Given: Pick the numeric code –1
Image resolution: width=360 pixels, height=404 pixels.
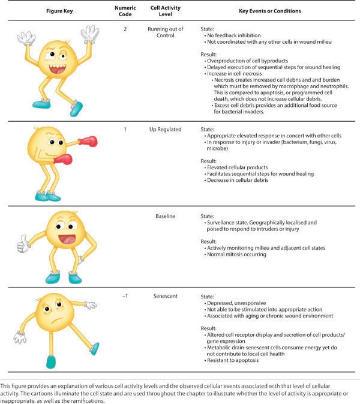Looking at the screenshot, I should tap(125, 295).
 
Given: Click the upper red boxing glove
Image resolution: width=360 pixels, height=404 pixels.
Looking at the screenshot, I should tap(88, 142).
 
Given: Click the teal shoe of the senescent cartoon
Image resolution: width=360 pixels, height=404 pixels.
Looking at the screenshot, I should tap(51, 361).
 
